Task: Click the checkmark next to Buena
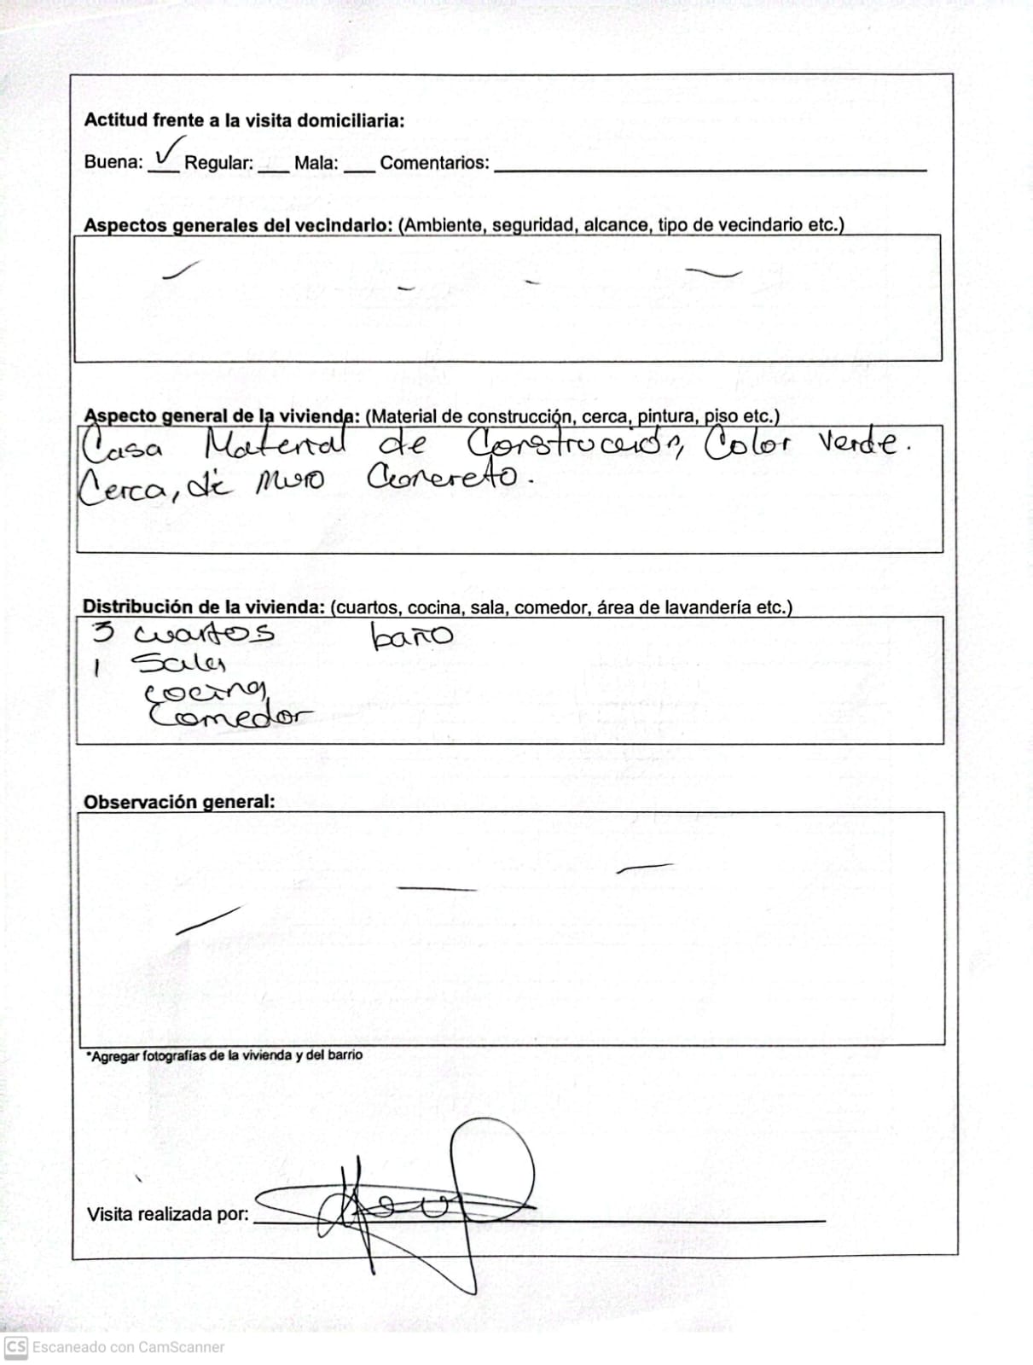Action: pos(168,152)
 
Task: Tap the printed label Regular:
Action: pos(218,163)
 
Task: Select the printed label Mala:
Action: pos(316,163)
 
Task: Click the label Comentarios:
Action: pos(434,163)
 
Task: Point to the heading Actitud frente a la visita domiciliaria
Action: pos(244,120)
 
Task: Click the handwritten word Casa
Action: pos(122,446)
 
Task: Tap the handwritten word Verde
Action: pos(861,442)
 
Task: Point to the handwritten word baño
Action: pos(411,636)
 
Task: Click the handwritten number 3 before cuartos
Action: pos(103,632)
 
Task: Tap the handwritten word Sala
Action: pos(178,663)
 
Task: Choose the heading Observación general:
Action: pos(179,802)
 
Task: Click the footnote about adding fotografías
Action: pos(223,1055)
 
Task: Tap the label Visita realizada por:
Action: pos(167,1214)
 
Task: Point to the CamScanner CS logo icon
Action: pos(16,1347)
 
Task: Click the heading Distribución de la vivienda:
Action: pos(203,607)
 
